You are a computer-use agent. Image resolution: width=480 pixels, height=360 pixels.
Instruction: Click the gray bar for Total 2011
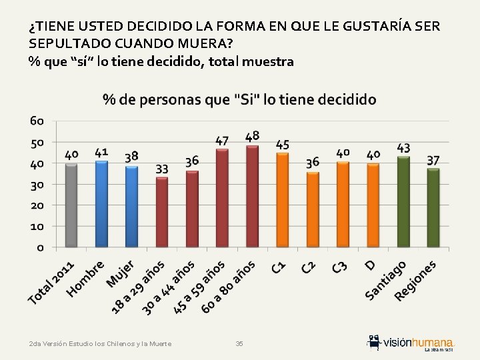[x=71, y=205]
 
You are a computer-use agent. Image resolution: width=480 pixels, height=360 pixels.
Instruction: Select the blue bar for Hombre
[x=101, y=204]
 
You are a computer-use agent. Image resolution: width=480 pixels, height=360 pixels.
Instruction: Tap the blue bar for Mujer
[x=131, y=207]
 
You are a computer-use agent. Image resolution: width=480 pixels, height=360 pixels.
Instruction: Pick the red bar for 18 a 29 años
[x=161, y=212]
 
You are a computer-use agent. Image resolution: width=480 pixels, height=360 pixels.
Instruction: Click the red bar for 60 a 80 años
[x=252, y=197]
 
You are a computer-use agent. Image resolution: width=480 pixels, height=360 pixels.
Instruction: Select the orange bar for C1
[x=282, y=200]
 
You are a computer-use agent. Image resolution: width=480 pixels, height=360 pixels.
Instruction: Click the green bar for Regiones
[x=433, y=208]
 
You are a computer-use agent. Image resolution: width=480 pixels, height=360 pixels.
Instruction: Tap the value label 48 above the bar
[x=252, y=137]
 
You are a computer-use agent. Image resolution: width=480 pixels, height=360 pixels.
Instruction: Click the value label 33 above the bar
[x=161, y=169]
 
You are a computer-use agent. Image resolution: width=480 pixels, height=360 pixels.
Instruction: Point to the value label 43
[x=403, y=147]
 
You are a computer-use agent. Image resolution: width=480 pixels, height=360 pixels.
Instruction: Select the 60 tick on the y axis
[x=37, y=121]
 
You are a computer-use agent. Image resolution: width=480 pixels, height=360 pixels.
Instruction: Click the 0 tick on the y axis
[x=41, y=247]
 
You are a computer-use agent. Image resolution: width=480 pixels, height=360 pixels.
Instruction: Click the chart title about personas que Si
[x=239, y=99]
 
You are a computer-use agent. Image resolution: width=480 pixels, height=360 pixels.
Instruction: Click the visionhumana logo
[x=411, y=341]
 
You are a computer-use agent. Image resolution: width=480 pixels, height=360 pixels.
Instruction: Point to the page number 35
[x=239, y=343]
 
